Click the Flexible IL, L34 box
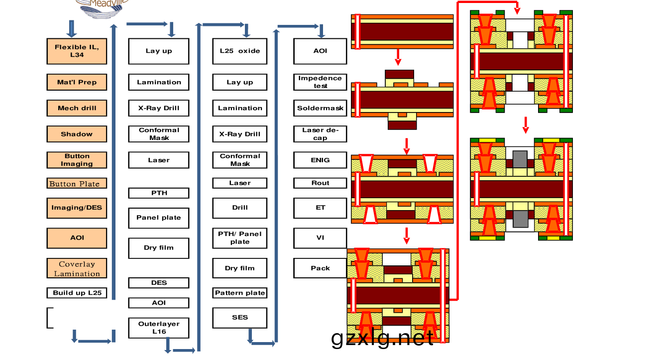click(x=77, y=51)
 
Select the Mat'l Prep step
click(x=77, y=82)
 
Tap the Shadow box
click(x=77, y=134)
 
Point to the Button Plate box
click(x=77, y=183)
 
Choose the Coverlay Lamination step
click(x=77, y=268)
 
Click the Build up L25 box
click(x=77, y=293)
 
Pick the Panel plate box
click(x=159, y=218)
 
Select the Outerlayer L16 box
click(x=159, y=328)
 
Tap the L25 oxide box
click(x=240, y=51)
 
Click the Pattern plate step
click(x=240, y=293)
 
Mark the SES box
click(x=240, y=318)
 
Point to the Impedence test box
click(x=320, y=82)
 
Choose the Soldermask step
click(x=320, y=108)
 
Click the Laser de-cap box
click(x=320, y=134)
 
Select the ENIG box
click(x=320, y=160)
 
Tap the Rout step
click(x=320, y=183)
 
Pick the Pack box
click(x=320, y=268)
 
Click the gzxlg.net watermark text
click(x=382, y=338)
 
